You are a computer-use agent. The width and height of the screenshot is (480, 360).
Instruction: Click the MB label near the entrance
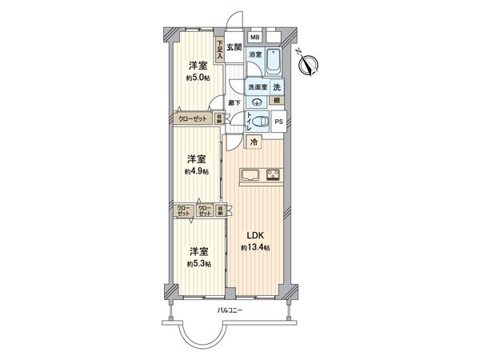tap(254, 38)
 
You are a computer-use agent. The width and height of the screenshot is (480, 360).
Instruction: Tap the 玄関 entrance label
tap(234, 47)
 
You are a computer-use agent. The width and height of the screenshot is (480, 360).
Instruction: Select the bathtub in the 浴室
tap(272, 62)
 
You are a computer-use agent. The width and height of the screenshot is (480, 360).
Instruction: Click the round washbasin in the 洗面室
tap(255, 101)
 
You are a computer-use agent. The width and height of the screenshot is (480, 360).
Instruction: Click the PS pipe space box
tap(278, 121)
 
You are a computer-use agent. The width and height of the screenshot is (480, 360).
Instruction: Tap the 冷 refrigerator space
tap(254, 143)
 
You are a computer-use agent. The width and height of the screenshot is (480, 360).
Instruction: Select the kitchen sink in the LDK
tap(246, 176)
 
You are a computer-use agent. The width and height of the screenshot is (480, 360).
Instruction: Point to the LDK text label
tap(254, 234)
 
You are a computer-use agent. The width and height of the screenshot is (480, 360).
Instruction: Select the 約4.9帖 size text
tap(197, 171)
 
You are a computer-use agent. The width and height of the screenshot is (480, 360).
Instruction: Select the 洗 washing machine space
tap(276, 86)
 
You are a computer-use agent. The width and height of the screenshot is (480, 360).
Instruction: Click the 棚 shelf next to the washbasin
tap(276, 101)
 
